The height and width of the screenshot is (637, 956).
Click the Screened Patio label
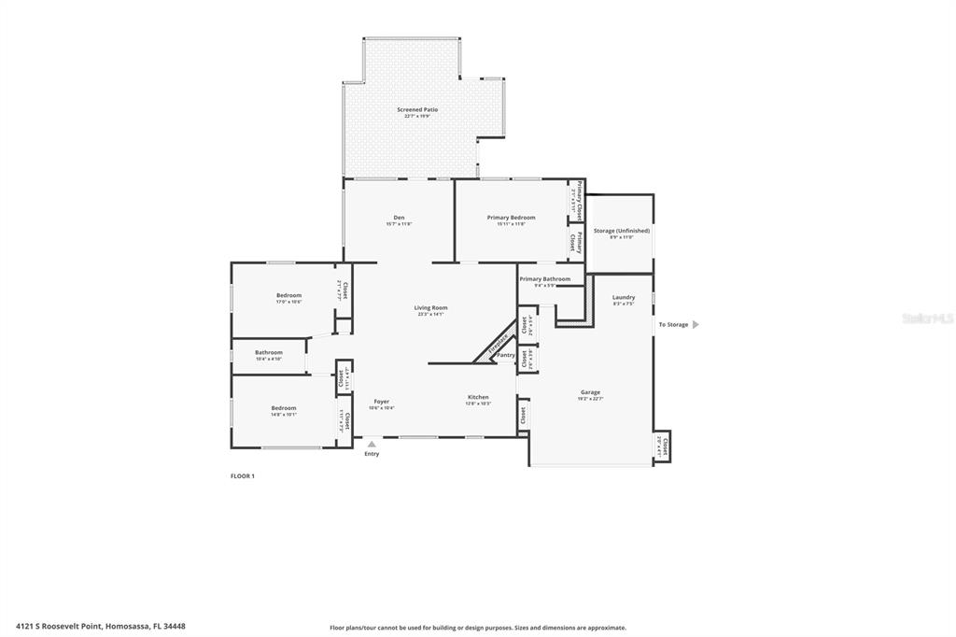pyautogui.click(x=417, y=110)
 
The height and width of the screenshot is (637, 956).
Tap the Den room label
pyautogui.click(x=399, y=218)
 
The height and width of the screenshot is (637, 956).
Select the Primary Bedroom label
pyautogui.click(x=512, y=218)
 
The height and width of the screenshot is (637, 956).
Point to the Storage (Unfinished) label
pyautogui.click(x=622, y=231)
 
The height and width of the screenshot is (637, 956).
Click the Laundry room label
pyautogui.click(x=624, y=298)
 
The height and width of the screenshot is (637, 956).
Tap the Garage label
pyautogui.click(x=590, y=392)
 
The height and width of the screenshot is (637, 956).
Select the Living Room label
pyautogui.click(x=431, y=308)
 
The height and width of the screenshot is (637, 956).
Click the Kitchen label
pyautogui.click(x=478, y=398)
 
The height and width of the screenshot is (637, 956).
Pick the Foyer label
pyautogui.click(x=381, y=402)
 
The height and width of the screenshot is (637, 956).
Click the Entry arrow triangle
pyautogui.click(x=372, y=445)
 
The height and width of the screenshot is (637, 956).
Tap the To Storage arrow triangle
pyautogui.click(x=695, y=325)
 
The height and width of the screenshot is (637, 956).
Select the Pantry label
pyautogui.click(x=505, y=355)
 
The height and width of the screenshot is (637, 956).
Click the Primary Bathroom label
pyautogui.click(x=544, y=279)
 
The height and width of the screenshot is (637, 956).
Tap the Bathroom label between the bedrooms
pyautogui.click(x=269, y=353)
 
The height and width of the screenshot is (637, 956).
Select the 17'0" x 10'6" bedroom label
pyautogui.click(x=288, y=296)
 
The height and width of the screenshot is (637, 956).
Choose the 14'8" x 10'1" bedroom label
pyautogui.click(x=284, y=408)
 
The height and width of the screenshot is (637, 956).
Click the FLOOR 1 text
pyautogui.click(x=243, y=476)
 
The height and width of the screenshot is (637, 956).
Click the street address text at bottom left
pyautogui.click(x=101, y=626)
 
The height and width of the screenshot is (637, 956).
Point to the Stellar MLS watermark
pyautogui.click(x=928, y=318)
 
